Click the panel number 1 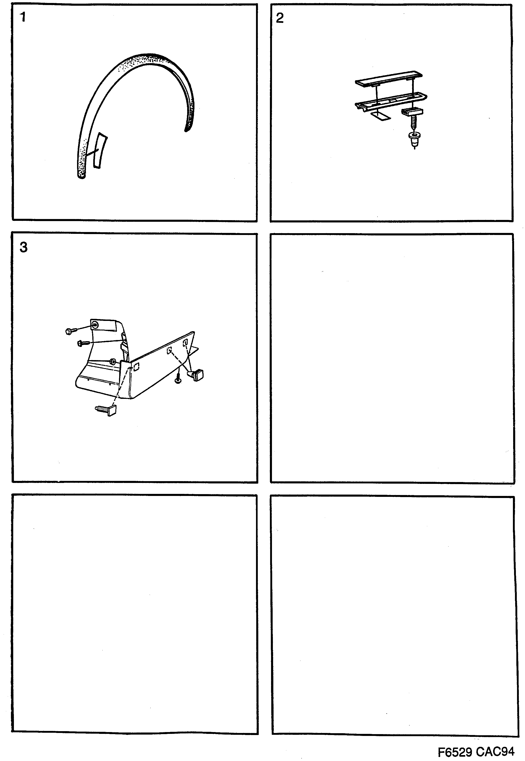23,17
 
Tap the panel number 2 280,18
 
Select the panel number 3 23,247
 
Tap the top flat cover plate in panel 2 389,80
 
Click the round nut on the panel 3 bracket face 113,362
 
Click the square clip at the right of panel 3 197,375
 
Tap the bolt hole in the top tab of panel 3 95,325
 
